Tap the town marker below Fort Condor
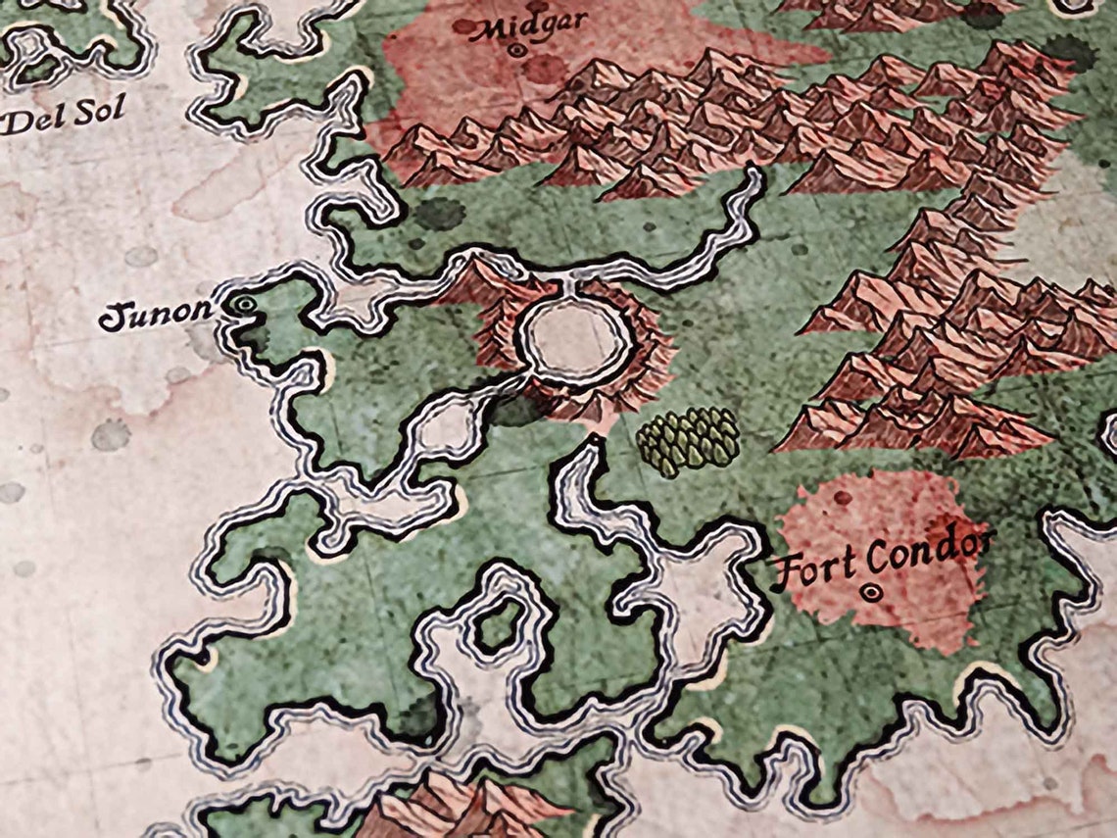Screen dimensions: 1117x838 pyautogui.click(x=871, y=592)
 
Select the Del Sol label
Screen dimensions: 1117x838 pyautogui.click(x=65, y=115)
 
